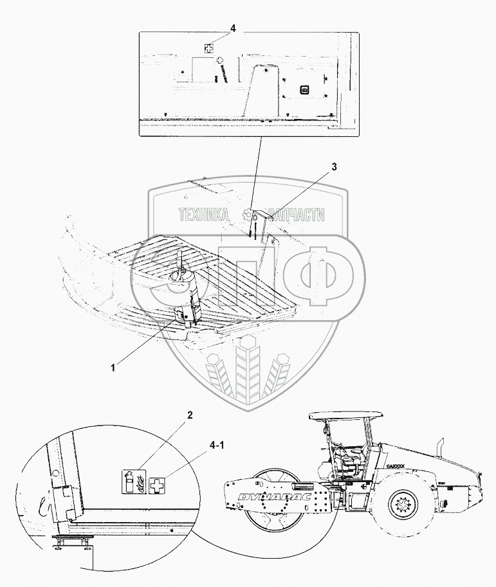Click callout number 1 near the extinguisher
[x=113, y=367]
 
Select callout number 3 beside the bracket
[x=334, y=167]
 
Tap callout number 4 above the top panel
[x=233, y=29]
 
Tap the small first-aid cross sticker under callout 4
[x=209, y=48]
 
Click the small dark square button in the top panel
[x=306, y=89]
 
